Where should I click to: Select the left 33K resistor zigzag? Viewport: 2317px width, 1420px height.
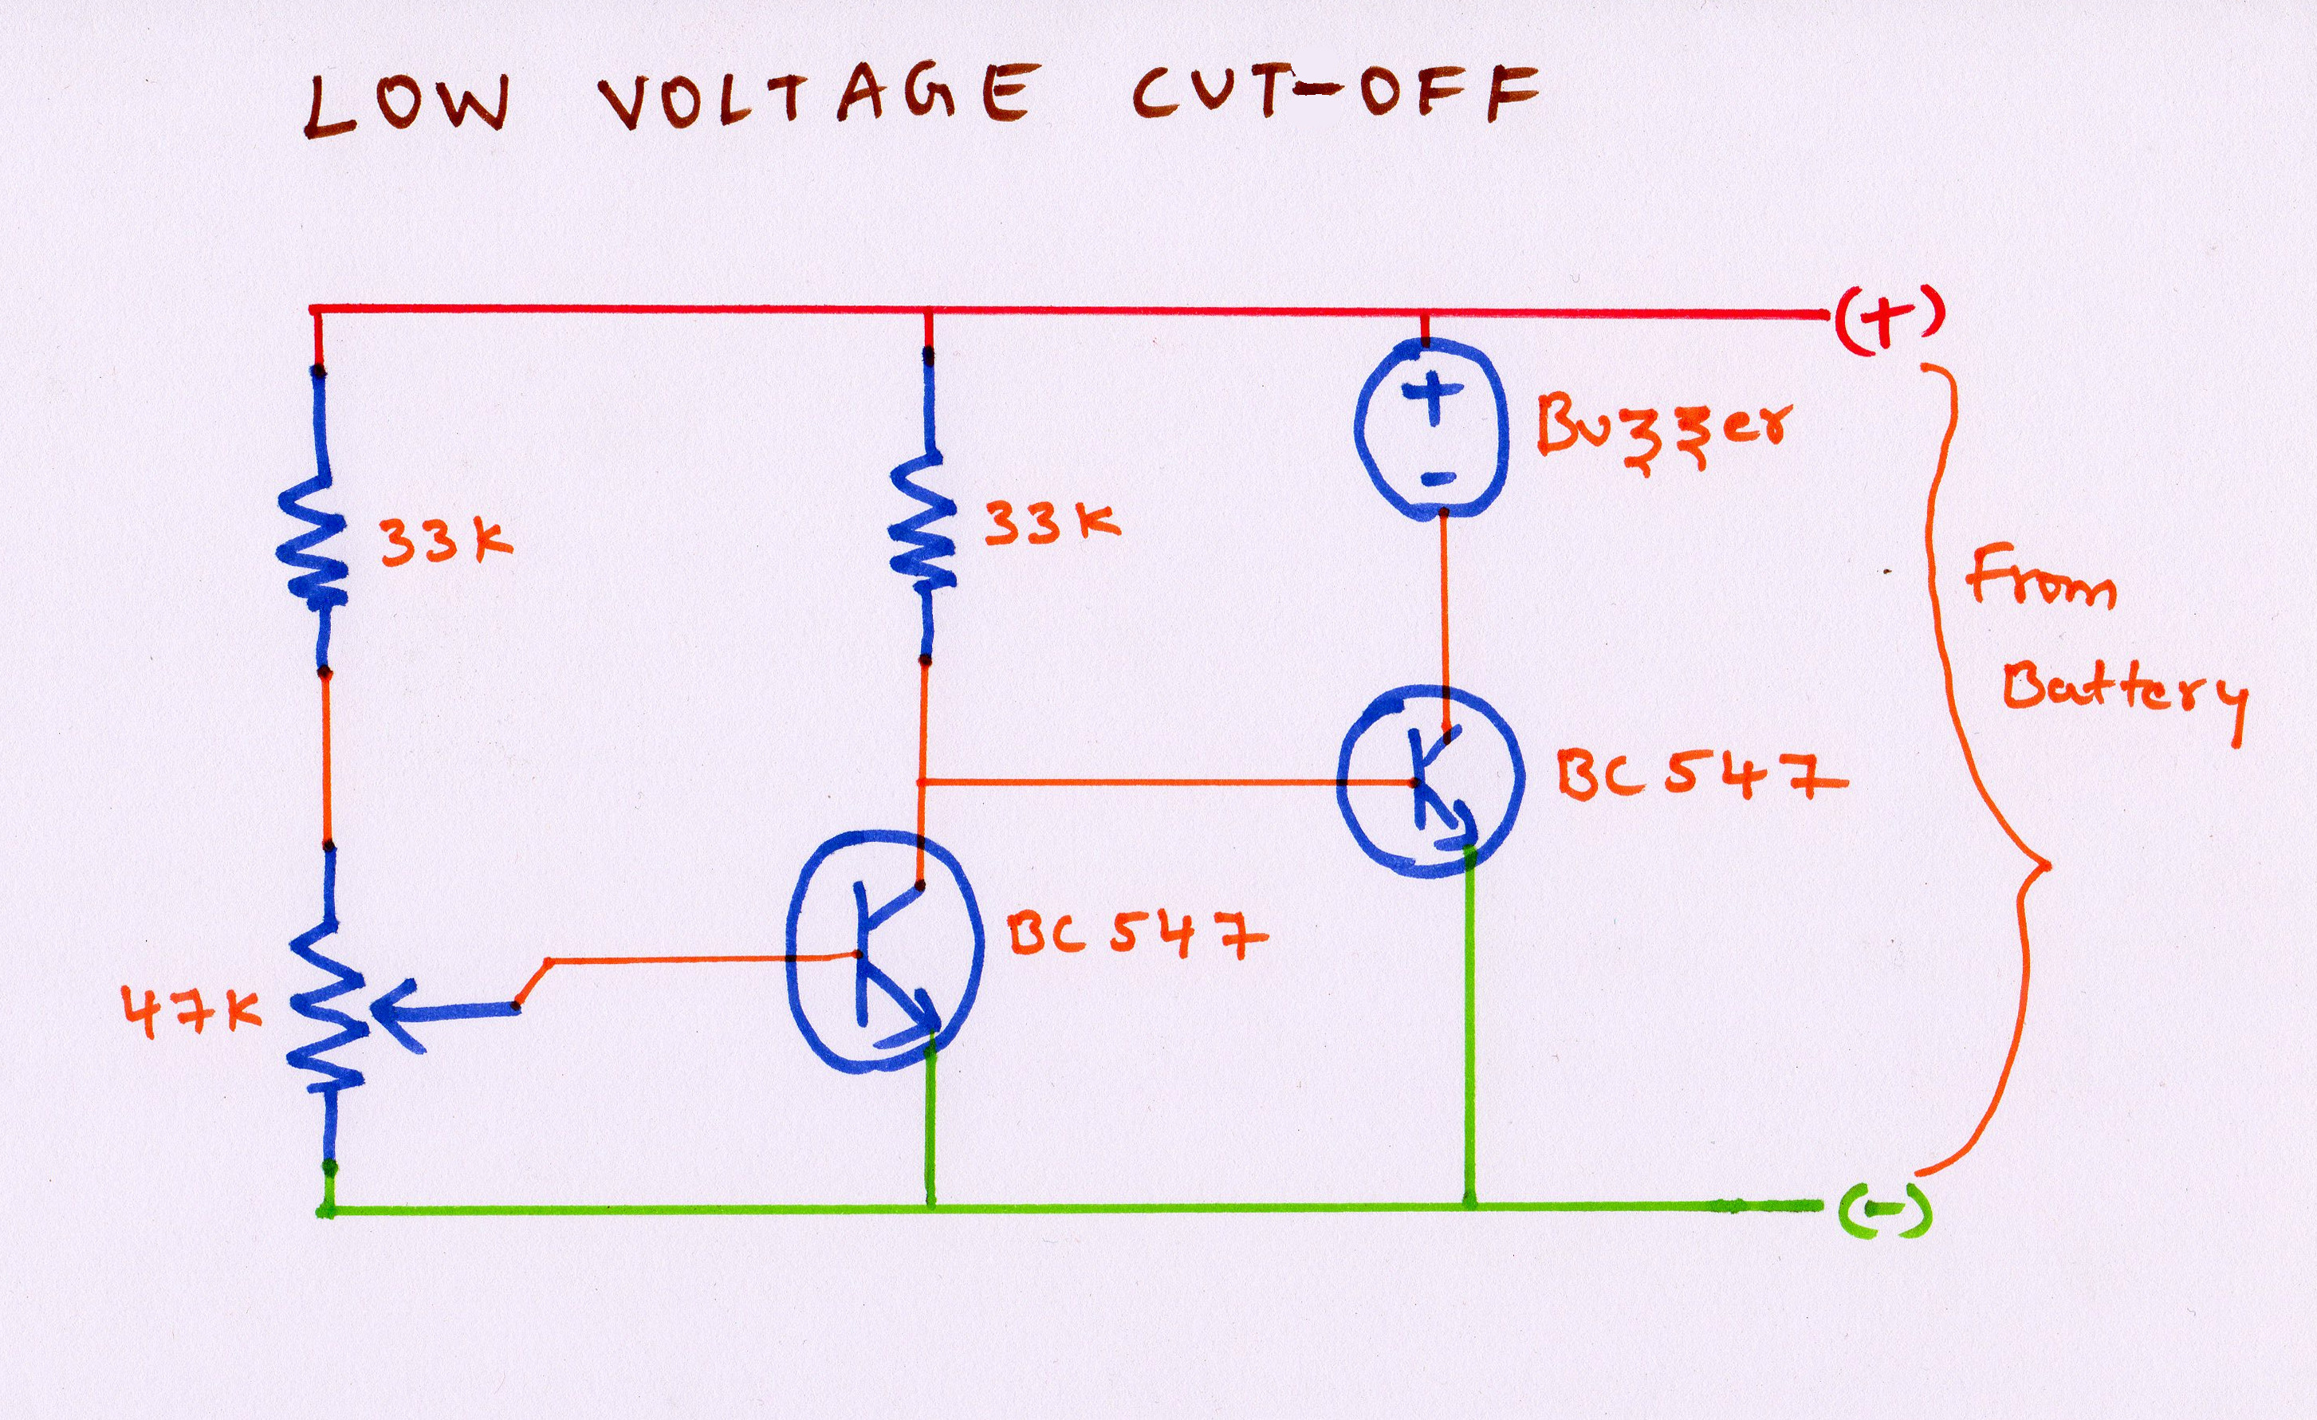tap(313, 541)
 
